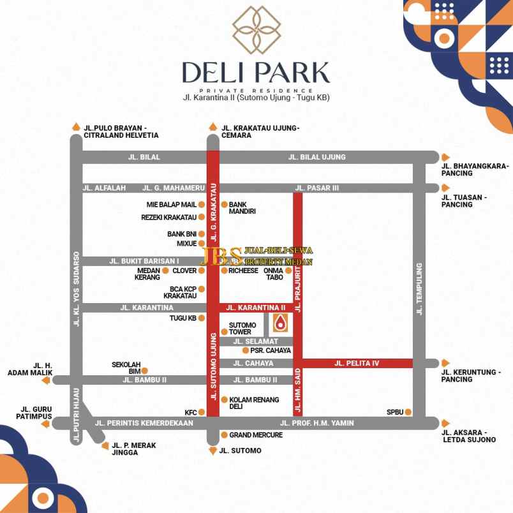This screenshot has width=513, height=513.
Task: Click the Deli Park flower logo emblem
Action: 256,29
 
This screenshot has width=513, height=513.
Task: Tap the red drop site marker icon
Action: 279,324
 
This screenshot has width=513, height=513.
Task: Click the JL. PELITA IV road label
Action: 357,364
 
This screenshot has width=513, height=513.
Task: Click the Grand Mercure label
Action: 256,435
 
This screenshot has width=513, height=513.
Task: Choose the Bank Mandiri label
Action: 242,207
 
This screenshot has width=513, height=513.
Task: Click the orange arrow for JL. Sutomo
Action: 212,451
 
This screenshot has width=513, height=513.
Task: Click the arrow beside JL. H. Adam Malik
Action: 45,380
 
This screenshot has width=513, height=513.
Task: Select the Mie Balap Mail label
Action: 171,205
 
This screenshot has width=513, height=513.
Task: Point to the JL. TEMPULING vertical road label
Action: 419,289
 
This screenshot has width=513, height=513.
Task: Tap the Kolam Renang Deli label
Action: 245,403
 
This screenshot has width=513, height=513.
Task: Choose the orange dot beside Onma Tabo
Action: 288,271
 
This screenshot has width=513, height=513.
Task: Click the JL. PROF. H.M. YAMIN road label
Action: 316,423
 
